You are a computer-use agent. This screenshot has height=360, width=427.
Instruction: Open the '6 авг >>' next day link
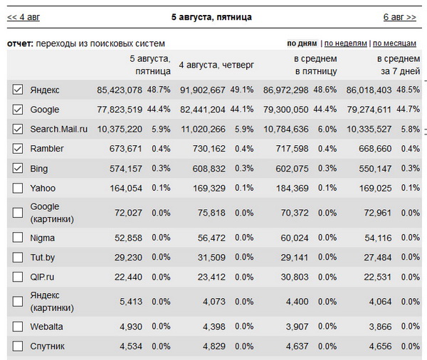click(x=399, y=16)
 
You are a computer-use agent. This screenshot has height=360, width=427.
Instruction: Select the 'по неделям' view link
click(x=346, y=43)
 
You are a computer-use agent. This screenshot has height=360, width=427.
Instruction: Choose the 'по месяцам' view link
click(x=395, y=43)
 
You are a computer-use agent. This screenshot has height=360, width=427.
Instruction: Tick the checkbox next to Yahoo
click(x=18, y=188)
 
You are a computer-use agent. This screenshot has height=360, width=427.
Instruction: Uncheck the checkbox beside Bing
click(x=18, y=168)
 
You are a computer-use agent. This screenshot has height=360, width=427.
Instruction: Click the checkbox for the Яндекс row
click(x=18, y=90)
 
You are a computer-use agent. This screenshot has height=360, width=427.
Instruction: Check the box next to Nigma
click(x=18, y=238)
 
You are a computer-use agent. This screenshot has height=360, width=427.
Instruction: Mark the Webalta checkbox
click(x=18, y=327)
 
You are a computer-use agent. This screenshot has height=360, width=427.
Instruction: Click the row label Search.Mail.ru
click(x=58, y=129)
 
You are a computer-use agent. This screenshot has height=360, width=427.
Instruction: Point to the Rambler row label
click(x=47, y=149)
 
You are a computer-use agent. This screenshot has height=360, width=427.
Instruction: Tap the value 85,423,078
click(x=120, y=90)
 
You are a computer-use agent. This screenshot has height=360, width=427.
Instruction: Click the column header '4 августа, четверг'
click(x=216, y=65)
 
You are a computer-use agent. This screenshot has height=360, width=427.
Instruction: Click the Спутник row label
click(x=48, y=346)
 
